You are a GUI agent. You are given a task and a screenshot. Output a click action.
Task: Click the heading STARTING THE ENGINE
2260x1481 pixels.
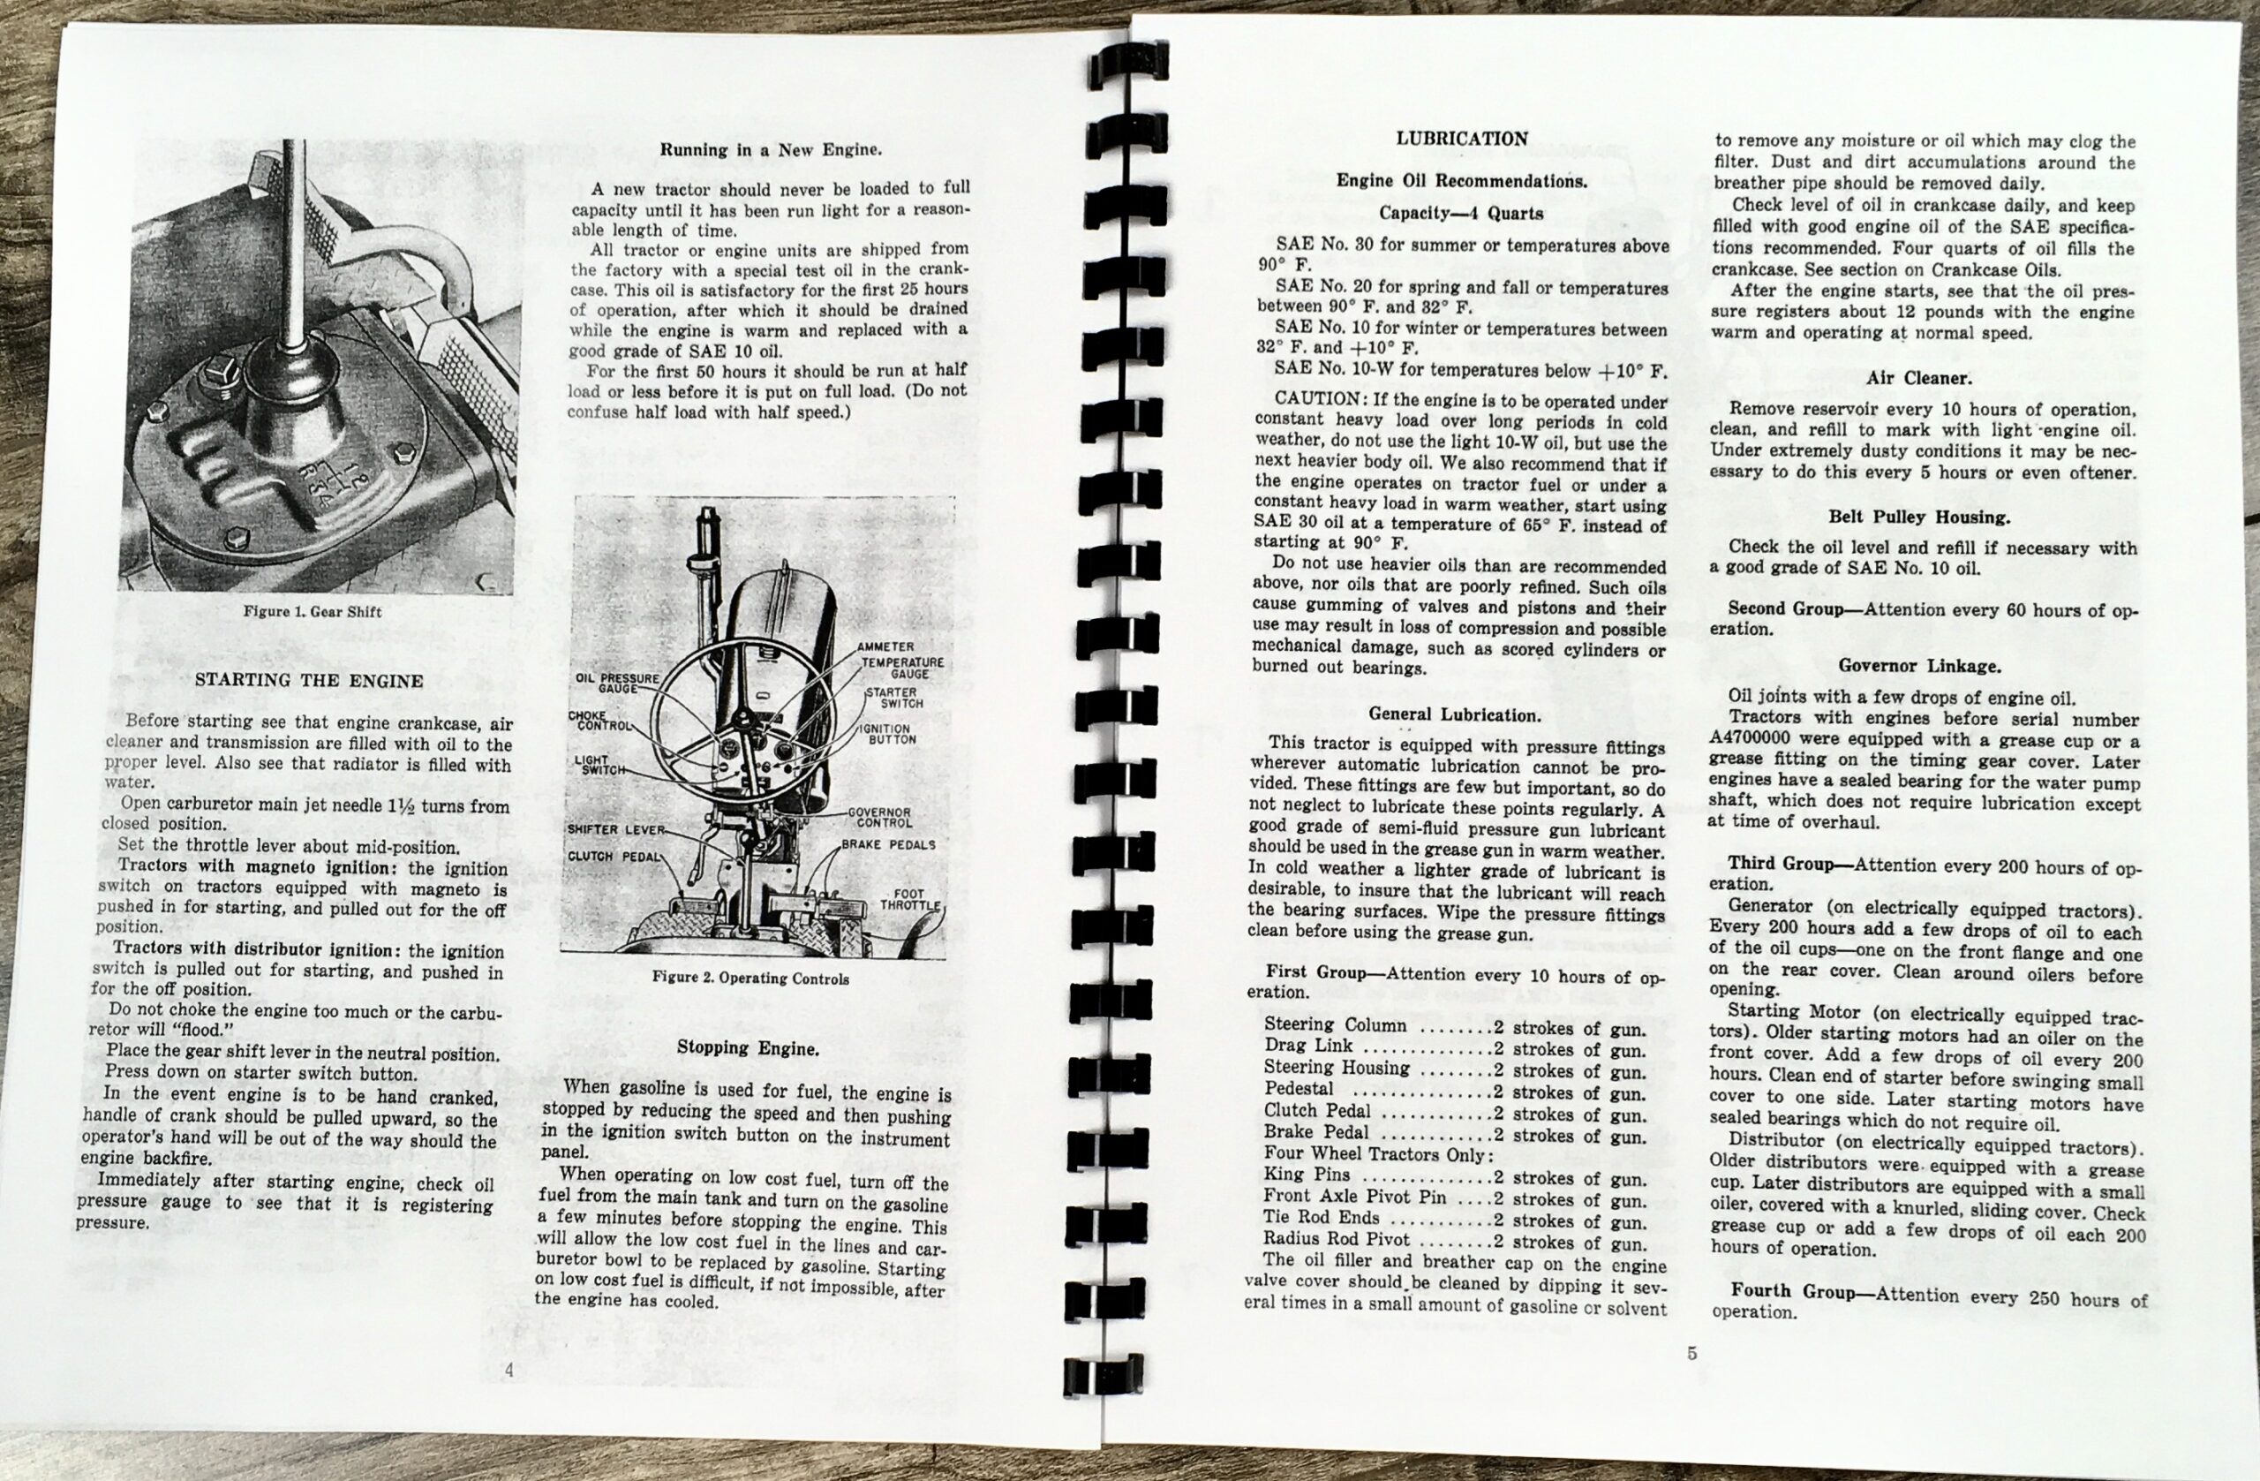pos(309,680)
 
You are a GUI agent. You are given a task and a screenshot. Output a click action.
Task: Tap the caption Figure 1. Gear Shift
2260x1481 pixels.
pos(313,612)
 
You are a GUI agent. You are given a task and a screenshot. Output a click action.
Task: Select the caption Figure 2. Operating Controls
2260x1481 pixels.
pos(750,978)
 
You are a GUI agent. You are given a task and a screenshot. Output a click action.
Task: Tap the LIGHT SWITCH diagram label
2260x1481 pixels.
pos(599,765)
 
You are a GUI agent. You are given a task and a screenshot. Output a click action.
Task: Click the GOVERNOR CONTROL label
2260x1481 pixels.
pos(879,817)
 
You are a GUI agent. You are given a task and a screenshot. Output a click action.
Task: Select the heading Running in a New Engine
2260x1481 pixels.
pos(771,149)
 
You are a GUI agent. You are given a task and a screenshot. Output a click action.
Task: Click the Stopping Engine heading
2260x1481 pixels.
pos(748,1049)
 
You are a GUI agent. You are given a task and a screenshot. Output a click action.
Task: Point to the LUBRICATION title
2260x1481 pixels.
pos(1461,139)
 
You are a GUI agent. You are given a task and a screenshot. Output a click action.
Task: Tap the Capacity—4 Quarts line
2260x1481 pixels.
pos(1461,213)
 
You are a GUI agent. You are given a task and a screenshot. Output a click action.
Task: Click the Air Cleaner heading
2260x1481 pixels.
pos(1920,378)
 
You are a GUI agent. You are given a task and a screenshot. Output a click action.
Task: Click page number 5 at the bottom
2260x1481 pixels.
pos(1691,1354)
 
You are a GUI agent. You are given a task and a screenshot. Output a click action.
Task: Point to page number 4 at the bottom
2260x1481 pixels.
pos(509,1370)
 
